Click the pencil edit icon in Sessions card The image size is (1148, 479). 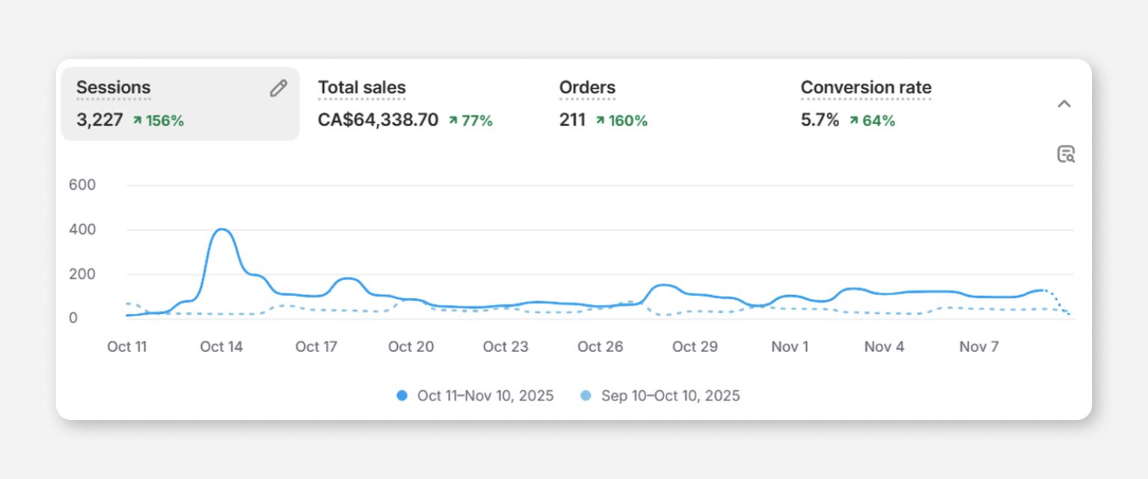[278, 88]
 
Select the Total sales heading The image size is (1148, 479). [362, 87]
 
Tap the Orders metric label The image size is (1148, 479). [587, 87]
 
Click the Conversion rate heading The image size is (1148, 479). [866, 87]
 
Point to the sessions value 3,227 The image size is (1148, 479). [99, 120]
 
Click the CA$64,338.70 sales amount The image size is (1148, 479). [378, 120]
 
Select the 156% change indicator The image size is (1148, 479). [159, 120]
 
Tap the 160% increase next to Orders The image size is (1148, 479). [622, 120]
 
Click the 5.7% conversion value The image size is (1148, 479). [820, 120]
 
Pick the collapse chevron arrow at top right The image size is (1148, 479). [1064, 104]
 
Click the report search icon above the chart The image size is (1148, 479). [1066, 154]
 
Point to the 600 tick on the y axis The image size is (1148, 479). [82, 185]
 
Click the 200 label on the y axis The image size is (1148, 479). [82, 274]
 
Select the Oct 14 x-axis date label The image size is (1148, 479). [221, 347]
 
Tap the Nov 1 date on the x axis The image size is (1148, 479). [790, 347]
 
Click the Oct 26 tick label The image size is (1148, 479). [600, 347]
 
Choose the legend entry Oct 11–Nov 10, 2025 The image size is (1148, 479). [476, 395]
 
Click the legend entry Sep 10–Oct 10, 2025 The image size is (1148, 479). [660, 395]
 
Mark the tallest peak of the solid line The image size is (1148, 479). [221, 229]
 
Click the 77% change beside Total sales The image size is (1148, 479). [471, 120]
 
